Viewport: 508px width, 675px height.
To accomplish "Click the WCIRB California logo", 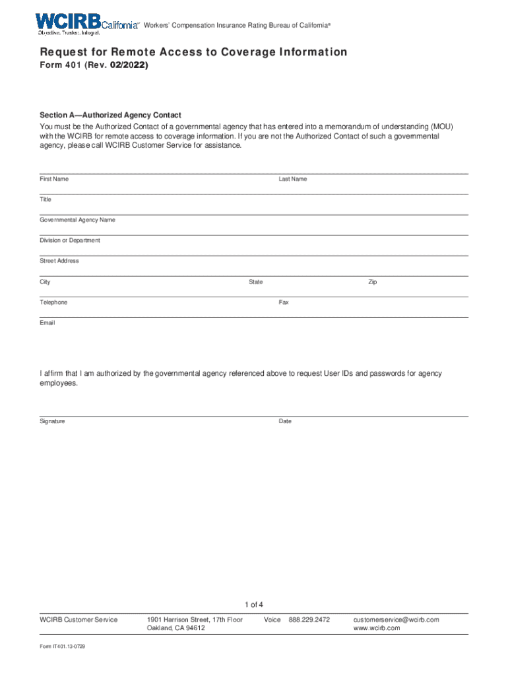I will pos(87,23).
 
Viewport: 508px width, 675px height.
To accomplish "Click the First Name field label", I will pos(54,179).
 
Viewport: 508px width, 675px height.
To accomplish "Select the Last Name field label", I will pos(292,179).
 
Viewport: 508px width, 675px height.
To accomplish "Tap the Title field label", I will pos(45,200).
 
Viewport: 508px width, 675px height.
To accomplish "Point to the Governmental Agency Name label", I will pos(77,220).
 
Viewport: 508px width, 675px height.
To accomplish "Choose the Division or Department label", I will pos(70,241).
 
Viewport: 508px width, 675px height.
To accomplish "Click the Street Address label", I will pos(59,261).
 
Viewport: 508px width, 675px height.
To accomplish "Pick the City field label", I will pos(45,282).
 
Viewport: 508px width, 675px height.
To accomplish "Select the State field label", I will pos(255,282).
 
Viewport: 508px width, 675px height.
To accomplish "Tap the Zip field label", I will pos(373,282).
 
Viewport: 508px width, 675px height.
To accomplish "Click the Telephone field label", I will pos(53,303).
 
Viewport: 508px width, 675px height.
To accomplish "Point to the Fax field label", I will pos(284,303).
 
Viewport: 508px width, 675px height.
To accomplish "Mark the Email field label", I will pos(48,323).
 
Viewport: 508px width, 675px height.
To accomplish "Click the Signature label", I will pos(52,421).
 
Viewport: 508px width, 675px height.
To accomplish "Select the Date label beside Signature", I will pos(285,421).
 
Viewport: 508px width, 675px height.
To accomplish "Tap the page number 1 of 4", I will pos(254,605).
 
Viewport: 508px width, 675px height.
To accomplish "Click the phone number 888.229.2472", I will pos(309,620).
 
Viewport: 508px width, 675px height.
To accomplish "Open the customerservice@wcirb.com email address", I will pos(396,620).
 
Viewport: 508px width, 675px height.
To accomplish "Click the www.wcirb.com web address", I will pos(377,628).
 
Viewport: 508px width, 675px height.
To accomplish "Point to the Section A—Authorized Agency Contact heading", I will pos(110,115).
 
